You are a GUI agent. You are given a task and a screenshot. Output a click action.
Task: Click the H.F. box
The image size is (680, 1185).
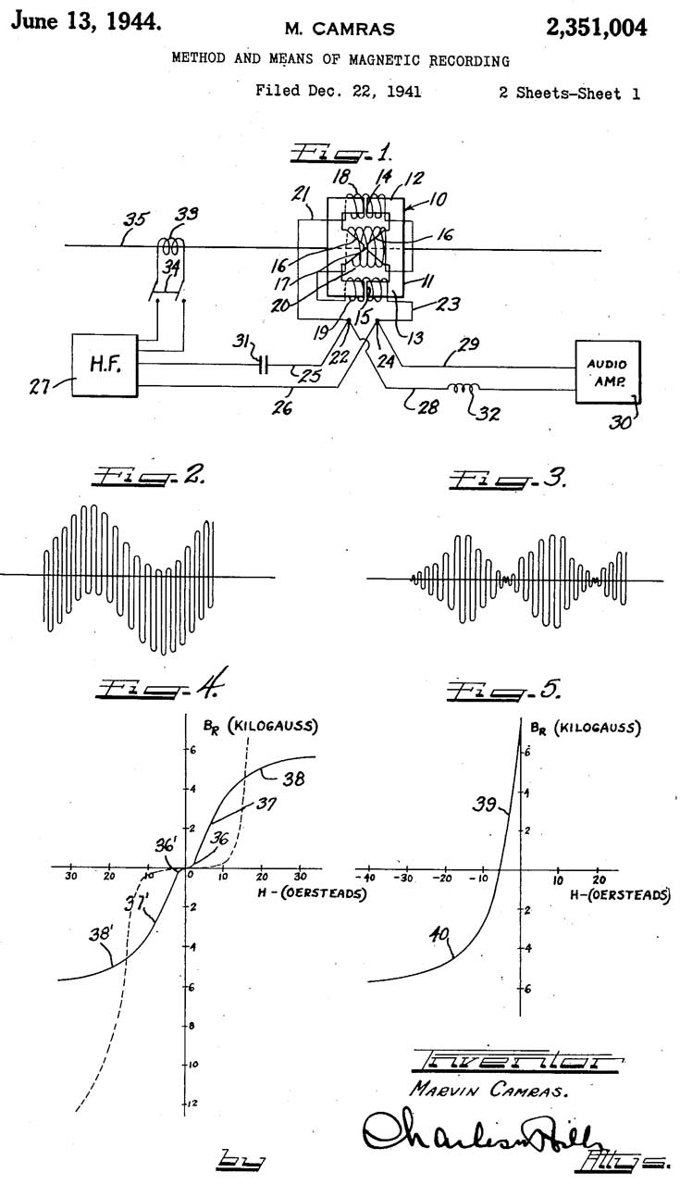tap(105, 363)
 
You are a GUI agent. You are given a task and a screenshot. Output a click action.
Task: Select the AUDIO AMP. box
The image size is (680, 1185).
tap(608, 371)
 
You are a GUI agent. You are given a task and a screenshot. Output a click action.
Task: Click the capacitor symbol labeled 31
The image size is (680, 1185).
tap(264, 364)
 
